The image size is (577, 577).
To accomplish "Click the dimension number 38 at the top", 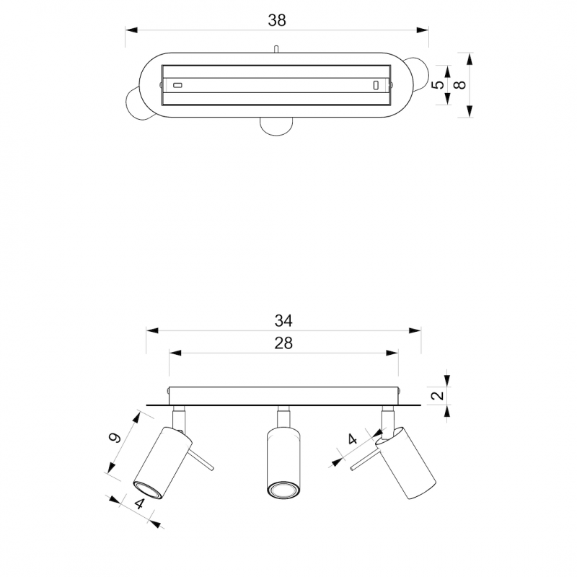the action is pos(277,21).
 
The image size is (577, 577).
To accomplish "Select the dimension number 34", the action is pos(283,321).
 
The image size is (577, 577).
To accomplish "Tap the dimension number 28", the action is pos(283,343).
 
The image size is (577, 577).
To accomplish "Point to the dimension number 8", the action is pos(459,85).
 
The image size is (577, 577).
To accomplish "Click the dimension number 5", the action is pos(438,84).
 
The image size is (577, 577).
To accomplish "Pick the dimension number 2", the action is pos(438,395).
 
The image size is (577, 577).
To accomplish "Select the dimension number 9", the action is pos(115,438).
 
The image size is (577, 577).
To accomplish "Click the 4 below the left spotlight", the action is pos(139,503).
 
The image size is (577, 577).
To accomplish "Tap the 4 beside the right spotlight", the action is pos(353,439).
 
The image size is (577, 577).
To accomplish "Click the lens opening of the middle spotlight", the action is pos(283,490).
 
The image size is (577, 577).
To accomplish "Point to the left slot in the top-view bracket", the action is pos(177,85).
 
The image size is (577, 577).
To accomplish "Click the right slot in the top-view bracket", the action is pos(376,85).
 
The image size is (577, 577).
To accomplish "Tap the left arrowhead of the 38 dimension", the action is pos(131,30).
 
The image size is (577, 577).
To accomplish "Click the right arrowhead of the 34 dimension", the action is pos(415,330).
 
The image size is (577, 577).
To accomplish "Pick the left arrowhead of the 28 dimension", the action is pos(175,353).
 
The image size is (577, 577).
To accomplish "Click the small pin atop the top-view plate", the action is pos(276,49).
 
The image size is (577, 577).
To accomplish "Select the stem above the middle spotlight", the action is pos(283,417).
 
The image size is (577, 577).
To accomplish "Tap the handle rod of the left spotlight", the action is pos(201,459).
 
